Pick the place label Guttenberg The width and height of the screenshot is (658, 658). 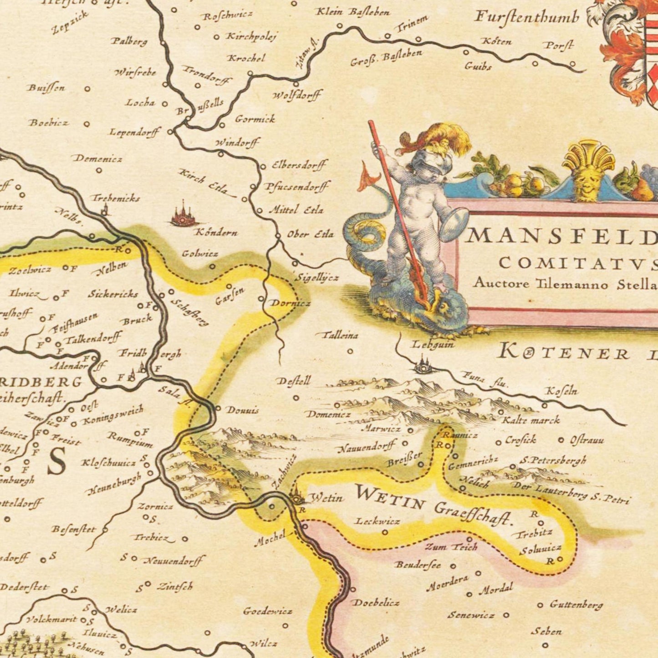pos(576,605)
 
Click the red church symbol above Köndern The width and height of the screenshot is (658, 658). pos(183,215)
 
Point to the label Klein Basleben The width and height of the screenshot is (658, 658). pos(353,12)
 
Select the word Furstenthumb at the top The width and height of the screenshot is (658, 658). pos(526,17)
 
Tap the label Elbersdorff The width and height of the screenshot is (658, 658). pos(299,165)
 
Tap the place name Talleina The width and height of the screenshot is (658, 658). pos(340,336)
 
